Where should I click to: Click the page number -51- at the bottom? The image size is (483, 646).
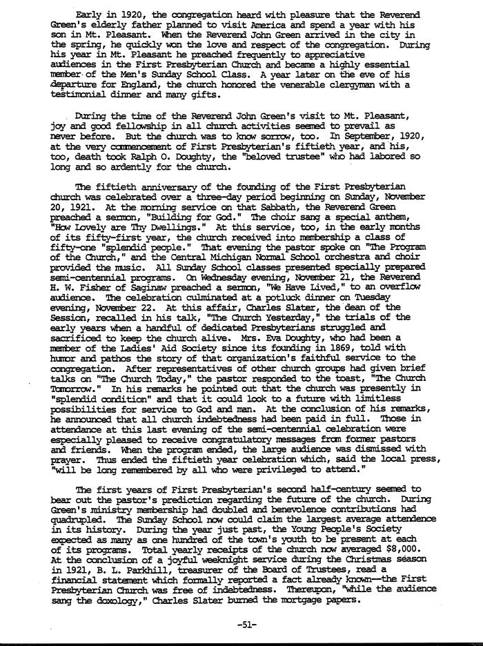point(246,625)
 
